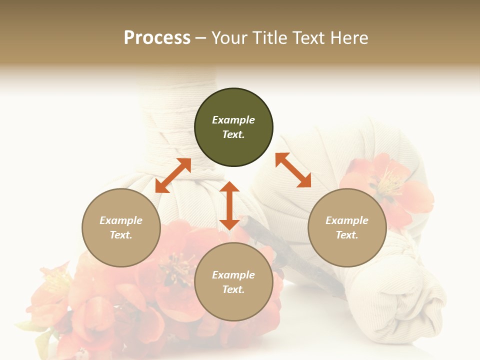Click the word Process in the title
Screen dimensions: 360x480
pos(157,37)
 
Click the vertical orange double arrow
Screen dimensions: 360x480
pos(229,205)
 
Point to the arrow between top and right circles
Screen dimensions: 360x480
pos(293,170)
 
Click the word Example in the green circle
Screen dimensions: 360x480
pos(233,120)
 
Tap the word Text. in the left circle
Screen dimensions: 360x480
pos(121,235)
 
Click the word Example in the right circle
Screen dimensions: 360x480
pos(347,220)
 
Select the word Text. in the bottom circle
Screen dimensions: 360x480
pos(233,289)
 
